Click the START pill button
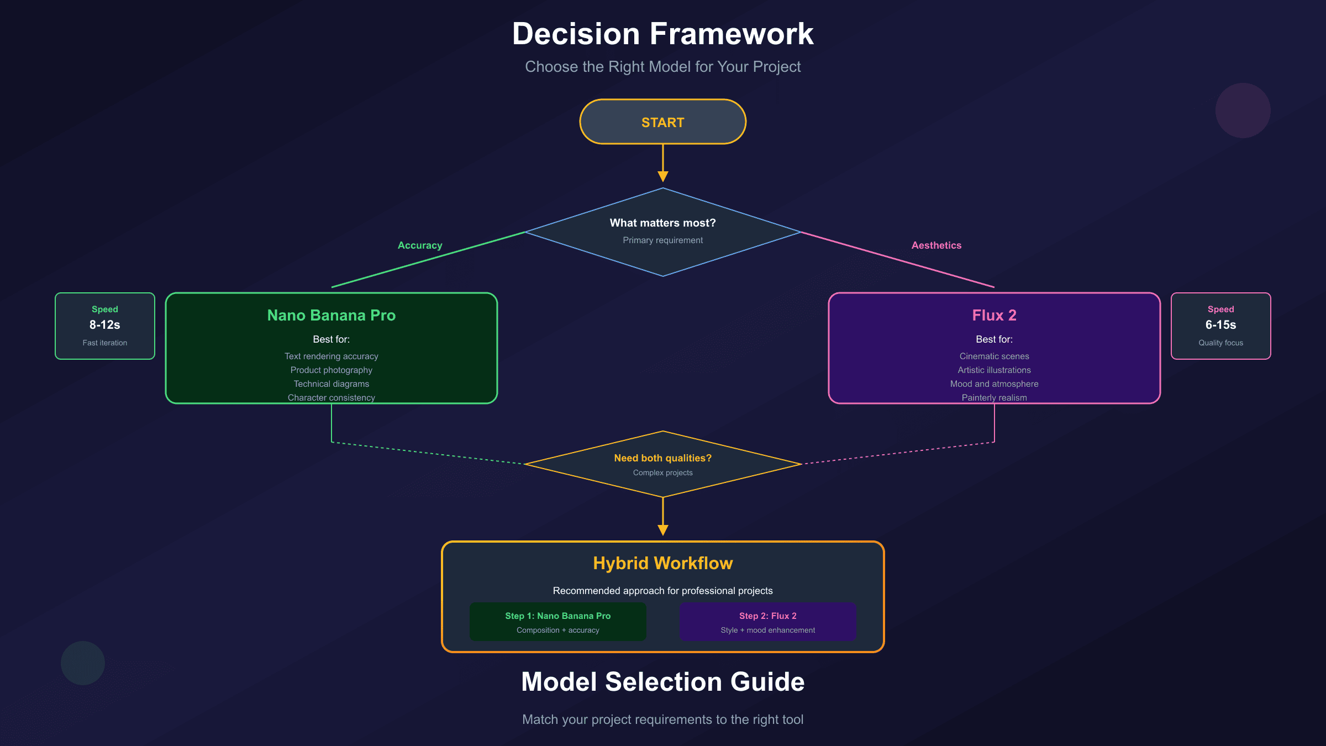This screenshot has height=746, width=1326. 662,122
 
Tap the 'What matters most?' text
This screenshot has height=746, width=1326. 662,223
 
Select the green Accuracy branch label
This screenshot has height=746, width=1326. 420,245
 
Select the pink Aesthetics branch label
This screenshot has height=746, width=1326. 936,245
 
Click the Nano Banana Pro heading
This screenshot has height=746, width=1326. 331,315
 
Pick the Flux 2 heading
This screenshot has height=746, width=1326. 994,315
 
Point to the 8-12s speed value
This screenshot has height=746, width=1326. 104,325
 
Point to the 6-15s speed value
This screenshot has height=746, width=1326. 1220,325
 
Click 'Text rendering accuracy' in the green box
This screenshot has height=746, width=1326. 331,356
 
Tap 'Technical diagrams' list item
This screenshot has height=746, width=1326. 331,384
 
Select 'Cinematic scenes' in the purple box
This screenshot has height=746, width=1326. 994,356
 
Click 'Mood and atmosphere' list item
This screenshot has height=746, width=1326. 994,384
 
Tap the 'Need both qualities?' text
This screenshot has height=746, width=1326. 662,458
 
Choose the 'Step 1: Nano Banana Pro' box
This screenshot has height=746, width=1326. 557,622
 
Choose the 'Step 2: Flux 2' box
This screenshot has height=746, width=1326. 767,622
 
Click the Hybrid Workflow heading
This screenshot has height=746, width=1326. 662,563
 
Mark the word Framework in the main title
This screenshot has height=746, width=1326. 731,34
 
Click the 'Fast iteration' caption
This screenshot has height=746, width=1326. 104,343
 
